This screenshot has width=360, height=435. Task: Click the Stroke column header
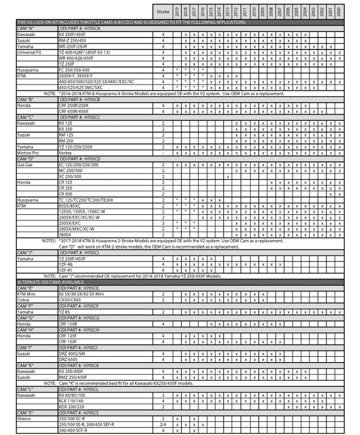point(163,10)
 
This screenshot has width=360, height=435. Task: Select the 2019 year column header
point(177,10)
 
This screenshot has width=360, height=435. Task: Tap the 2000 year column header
point(340,10)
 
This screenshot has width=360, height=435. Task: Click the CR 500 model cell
point(65,194)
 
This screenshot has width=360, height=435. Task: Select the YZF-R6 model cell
point(66,264)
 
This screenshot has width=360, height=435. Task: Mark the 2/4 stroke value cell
point(163,424)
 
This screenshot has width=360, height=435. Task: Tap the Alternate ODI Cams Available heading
point(50,282)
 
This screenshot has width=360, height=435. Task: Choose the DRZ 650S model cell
point(67,359)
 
